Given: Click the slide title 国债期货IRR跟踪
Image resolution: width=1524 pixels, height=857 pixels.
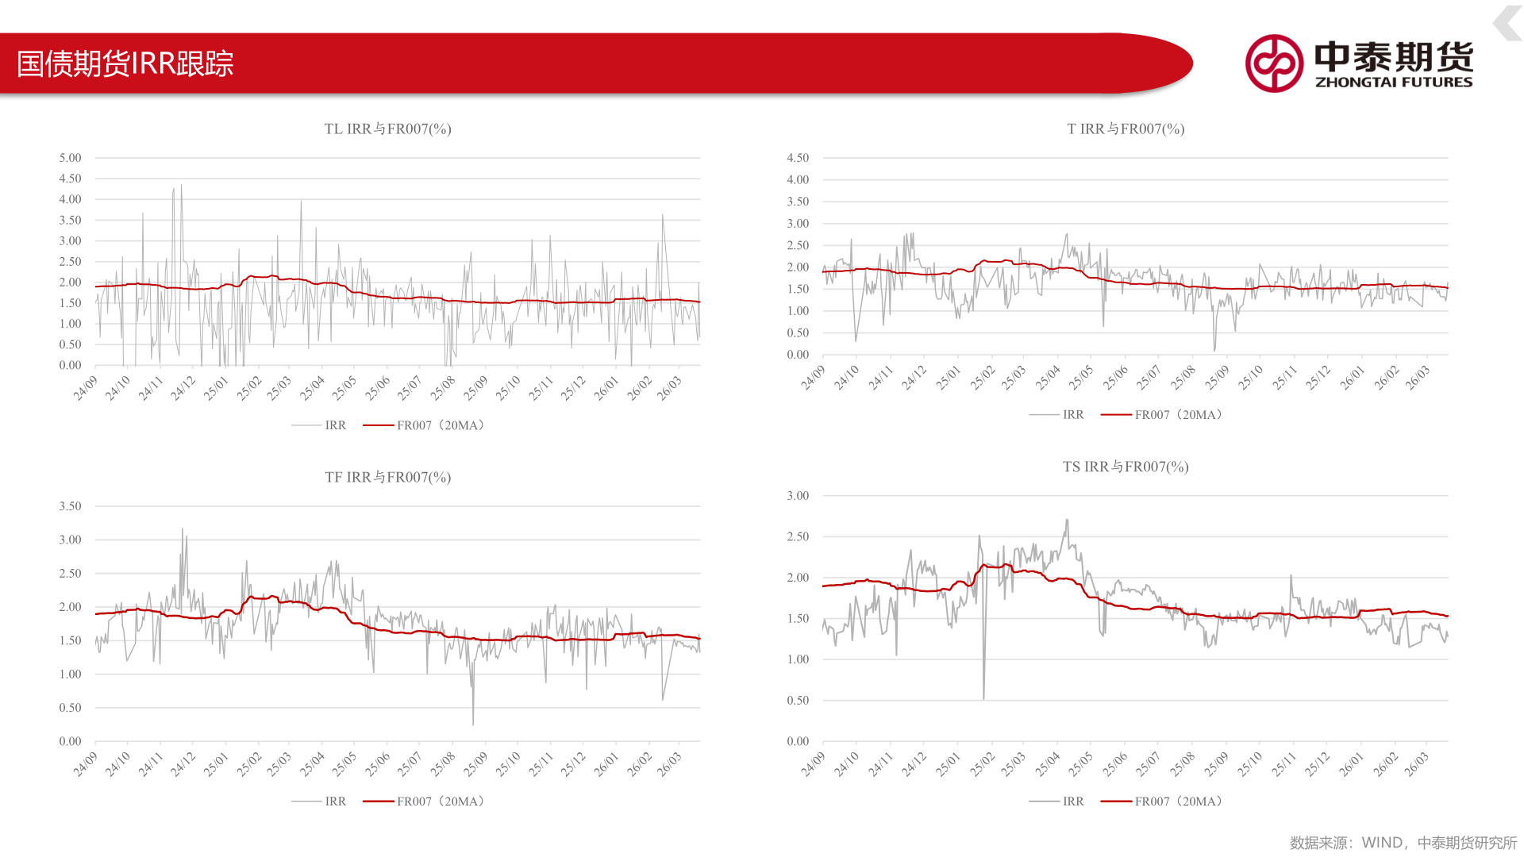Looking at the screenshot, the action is point(125,63).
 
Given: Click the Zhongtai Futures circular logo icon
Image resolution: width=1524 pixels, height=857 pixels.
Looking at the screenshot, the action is point(1274,63).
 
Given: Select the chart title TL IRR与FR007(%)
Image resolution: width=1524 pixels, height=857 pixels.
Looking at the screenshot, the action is point(387,129).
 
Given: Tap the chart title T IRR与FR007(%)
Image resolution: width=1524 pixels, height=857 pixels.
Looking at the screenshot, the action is point(1126,129).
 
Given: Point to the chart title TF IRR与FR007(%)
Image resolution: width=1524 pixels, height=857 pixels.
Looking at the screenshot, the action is point(387,477).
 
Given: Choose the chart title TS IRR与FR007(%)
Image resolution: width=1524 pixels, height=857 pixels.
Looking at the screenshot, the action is point(1126,467).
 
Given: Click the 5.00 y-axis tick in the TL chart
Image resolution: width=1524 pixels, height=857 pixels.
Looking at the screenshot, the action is point(70,158).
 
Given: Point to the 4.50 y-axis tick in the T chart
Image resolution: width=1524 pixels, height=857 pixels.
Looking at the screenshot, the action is point(798,158).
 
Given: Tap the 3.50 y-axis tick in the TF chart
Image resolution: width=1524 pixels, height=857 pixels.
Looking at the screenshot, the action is point(70,506).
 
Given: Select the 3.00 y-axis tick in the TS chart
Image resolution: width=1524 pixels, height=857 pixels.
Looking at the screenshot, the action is point(798,496).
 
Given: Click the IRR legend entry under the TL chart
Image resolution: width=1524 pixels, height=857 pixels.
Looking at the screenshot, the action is point(319,425).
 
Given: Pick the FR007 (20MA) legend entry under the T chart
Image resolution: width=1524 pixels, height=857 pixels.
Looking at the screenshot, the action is point(1162,415).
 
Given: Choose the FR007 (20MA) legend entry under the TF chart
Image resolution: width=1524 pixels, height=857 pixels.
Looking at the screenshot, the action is point(424,801).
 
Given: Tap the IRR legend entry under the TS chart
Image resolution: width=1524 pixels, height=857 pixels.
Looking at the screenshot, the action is point(1056,801).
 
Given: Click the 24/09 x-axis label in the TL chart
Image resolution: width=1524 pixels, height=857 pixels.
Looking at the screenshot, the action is point(86,387).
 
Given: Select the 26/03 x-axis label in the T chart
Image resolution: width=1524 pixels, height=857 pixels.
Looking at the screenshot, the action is point(1417,378).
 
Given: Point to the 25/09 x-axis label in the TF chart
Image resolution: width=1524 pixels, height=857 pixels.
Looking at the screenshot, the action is point(475,764).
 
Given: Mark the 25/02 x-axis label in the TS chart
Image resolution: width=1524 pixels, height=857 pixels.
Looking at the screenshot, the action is point(981,764).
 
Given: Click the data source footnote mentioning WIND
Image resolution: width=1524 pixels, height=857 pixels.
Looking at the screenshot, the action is point(1403,843).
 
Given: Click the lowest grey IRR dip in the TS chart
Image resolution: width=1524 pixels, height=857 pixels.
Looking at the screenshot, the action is point(983,698).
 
